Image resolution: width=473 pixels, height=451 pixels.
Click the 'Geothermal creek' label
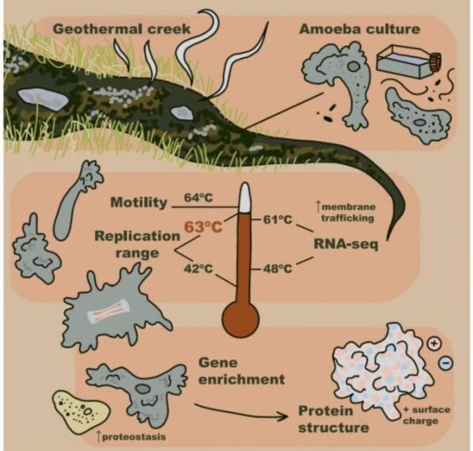pos(122,29)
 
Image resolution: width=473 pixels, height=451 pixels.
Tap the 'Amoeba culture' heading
pos(360,29)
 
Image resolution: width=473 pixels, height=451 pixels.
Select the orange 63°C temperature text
pos(203,227)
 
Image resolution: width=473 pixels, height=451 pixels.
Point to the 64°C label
pos(199,198)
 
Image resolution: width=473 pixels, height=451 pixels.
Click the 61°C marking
pos(278,219)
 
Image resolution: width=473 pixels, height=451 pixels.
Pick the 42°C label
pos(199,268)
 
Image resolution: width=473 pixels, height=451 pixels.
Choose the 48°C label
pos(278,268)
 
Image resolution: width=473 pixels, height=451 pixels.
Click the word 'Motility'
pos(138,202)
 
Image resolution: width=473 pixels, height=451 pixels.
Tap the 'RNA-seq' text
pos(346,244)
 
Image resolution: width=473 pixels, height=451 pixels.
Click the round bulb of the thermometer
pos(240,319)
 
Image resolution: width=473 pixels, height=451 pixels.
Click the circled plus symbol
pos(434,343)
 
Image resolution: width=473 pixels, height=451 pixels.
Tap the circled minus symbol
pos(445,362)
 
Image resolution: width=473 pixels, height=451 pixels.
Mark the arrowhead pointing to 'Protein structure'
pos(282,417)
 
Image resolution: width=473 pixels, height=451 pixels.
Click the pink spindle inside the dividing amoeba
pos(108,313)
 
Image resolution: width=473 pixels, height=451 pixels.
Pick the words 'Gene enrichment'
pos(241,371)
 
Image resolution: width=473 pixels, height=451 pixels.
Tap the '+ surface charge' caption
pos(426,415)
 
